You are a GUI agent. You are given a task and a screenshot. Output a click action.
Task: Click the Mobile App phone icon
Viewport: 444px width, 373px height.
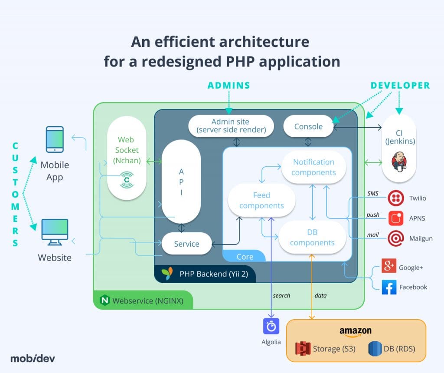pos(55,139)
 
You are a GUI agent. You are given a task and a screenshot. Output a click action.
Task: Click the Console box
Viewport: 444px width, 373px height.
pos(308,126)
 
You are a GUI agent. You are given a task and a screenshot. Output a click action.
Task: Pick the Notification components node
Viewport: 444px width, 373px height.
pos(313,167)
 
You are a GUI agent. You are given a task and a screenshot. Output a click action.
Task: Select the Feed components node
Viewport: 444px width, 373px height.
pos(261,200)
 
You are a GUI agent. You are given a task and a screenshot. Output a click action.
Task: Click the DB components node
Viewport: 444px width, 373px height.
pos(312,238)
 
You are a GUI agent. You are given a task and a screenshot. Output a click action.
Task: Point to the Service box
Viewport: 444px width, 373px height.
pos(186,244)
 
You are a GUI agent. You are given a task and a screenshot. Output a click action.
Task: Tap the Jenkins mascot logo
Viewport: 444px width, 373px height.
pos(399,161)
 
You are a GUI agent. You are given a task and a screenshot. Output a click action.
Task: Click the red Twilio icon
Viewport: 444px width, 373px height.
pos(395,198)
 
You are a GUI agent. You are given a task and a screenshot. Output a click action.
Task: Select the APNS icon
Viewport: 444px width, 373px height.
pos(395,218)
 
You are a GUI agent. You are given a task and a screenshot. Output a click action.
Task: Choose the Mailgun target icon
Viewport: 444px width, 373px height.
pos(395,238)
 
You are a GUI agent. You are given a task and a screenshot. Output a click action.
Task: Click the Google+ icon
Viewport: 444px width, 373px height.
pos(389,266)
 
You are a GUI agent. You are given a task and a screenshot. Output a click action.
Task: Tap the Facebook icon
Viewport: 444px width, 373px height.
pos(389,287)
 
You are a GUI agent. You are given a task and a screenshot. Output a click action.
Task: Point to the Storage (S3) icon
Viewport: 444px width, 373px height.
pos(303,349)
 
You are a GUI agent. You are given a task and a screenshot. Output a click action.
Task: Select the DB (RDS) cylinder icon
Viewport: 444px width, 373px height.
pos(375,349)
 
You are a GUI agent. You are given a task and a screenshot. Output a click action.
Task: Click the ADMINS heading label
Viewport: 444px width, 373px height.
pos(229,86)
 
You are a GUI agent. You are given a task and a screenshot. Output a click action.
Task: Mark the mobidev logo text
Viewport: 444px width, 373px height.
pos(33,359)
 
